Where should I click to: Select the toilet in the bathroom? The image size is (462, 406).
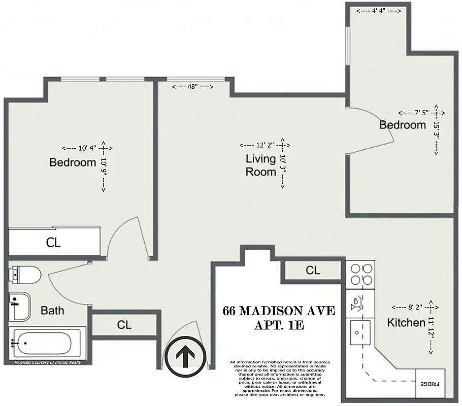click(24, 276)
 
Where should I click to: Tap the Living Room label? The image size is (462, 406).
click(261, 165)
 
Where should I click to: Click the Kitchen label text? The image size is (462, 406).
click(406, 322)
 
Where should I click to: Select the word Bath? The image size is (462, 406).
click(52, 310)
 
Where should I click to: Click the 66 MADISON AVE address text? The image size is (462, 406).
click(279, 311)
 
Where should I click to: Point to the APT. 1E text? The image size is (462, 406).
click(279, 325)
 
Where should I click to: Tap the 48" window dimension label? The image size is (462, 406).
click(192, 87)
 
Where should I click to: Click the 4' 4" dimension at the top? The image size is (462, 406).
click(376, 11)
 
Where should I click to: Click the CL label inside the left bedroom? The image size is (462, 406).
click(53, 243)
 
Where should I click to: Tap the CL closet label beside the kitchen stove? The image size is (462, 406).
click(313, 270)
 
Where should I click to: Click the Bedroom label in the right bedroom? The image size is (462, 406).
click(403, 124)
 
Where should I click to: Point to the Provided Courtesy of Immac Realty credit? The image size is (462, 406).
click(47, 362)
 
